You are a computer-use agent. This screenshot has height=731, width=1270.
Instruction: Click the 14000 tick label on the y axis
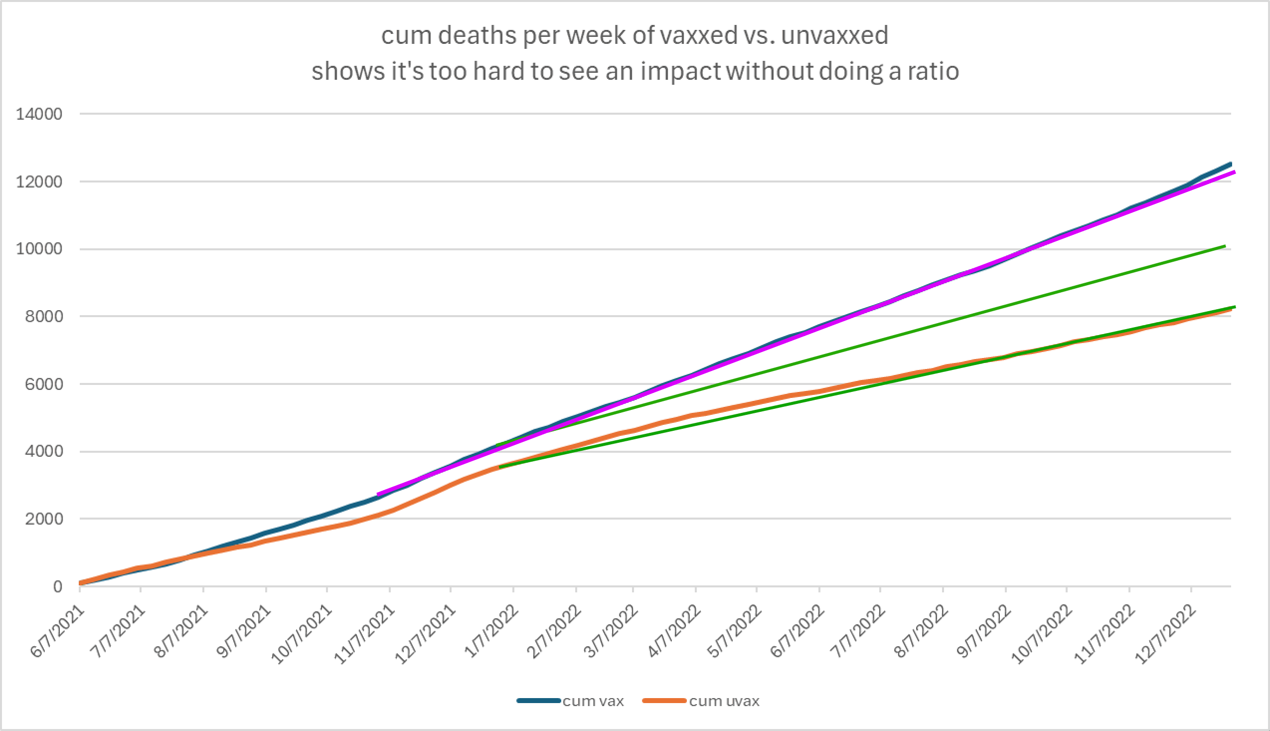point(39,115)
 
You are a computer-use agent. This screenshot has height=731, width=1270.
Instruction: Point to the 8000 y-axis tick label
point(44,317)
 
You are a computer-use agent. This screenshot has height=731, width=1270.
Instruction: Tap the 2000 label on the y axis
point(44,519)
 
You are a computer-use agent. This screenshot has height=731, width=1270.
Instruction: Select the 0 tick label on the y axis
point(58,587)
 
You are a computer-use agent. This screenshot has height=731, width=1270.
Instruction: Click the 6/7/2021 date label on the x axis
point(58,631)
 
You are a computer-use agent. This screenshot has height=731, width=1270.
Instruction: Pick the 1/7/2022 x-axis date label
point(491,631)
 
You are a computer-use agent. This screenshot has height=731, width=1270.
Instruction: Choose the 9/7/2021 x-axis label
point(243,631)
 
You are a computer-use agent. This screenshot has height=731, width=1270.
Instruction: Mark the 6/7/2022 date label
point(797,631)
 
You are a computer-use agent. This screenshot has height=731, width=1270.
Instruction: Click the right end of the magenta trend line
point(1234,172)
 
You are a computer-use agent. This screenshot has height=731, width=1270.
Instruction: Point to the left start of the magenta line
point(378,495)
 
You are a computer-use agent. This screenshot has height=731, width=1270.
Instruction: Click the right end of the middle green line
point(1225,246)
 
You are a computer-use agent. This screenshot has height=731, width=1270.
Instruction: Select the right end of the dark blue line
point(1231,164)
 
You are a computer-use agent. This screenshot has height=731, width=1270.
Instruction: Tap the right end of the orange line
point(1231,310)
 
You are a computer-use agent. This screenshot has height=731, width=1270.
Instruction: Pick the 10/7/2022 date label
point(1041,635)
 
